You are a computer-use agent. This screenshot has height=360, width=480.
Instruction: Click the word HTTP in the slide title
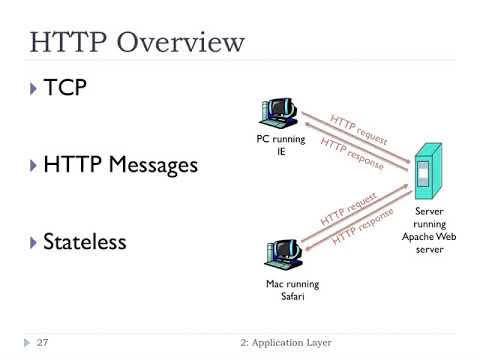tap(69, 42)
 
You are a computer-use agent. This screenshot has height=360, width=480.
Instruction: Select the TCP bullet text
tap(64, 88)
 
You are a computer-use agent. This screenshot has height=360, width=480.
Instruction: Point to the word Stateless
tap(84, 241)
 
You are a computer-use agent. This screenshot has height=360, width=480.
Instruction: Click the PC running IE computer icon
tap(280, 115)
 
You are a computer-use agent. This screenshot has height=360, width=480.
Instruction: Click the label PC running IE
tap(281, 146)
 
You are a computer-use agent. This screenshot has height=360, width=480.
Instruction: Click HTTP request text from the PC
tap(357, 128)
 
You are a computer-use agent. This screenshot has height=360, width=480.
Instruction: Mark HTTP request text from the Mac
tap(347, 207)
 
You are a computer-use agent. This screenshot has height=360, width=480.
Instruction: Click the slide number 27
tap(43, 343)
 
